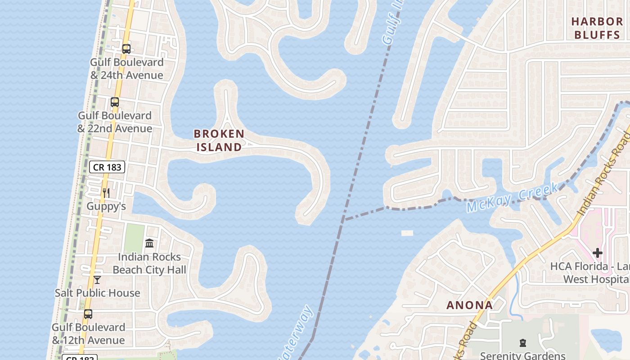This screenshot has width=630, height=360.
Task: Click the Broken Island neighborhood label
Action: click(219, 140)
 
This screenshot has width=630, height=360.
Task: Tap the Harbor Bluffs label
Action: click(597, 28)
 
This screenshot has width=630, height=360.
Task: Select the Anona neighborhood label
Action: click(469, 305)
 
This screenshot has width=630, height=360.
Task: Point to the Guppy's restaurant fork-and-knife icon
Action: click(106, 193)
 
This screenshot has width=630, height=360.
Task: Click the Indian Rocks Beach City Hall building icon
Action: click(149, 243)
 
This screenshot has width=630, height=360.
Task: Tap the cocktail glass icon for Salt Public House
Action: click(97, 280)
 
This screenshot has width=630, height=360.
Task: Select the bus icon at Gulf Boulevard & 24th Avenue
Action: click(126, 49)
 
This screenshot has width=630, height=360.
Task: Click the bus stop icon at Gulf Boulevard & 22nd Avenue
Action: click(115, 102)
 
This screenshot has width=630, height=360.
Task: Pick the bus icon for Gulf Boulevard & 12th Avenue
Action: click(88, 314)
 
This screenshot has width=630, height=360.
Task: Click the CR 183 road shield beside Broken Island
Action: click(107, 167)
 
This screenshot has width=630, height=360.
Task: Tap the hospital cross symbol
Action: click(598, 253)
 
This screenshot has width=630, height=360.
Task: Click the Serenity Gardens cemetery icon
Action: click(522, 343)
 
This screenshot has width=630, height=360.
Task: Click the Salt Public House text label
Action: click(97, 293)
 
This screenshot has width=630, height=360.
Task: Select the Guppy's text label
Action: click(106, 207)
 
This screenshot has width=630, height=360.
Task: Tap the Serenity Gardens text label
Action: click(522, 355)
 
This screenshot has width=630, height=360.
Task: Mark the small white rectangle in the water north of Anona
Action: click(407, 233)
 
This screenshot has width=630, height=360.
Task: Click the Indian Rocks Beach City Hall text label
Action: click(149, 263)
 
